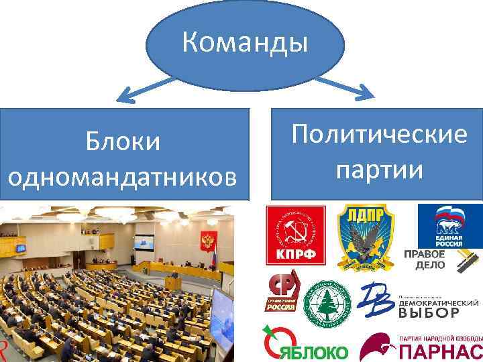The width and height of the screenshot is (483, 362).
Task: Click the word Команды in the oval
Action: [246, 45]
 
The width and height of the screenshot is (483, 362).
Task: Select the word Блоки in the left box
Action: [123, 142]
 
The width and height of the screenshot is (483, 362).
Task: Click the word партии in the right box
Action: [379, 169]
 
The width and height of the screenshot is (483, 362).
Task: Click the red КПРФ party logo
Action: [295, 235]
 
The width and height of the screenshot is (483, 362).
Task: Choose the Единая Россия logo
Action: [449, 227]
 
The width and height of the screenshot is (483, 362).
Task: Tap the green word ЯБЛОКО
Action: [314, 353]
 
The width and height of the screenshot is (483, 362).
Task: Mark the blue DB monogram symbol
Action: [379, 301]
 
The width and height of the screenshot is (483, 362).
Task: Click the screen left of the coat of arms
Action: [143, 243]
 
